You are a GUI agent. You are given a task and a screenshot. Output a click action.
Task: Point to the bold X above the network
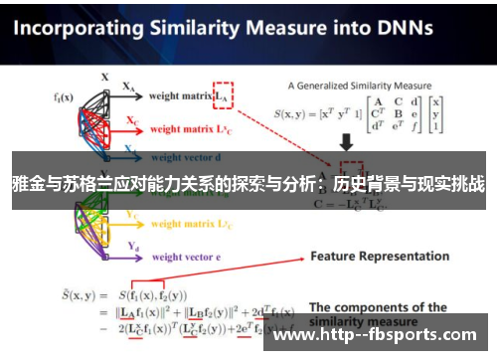click(104, 76)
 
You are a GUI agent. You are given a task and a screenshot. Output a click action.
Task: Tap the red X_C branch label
click(130, 120)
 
